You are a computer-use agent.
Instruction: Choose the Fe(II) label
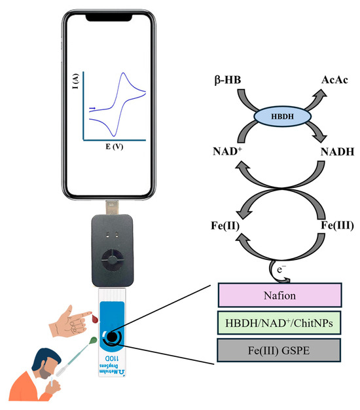pos(209,227)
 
